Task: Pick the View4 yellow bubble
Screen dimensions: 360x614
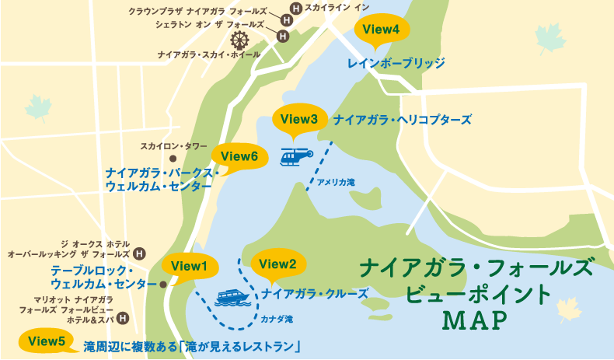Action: pos(381,30)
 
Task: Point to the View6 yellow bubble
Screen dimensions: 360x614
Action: pos(239,156)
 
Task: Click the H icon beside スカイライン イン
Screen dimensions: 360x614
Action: pos(295,9)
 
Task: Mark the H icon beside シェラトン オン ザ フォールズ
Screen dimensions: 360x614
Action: pos(283,34)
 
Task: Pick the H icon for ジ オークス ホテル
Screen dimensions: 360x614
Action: pos(139,253)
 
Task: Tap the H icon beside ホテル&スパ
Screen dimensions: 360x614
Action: pos(122,318)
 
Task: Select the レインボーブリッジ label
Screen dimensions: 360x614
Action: pos(396,61)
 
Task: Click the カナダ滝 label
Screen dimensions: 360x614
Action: pos(277,318)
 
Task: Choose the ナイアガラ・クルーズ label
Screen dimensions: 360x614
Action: pos(314,294)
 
